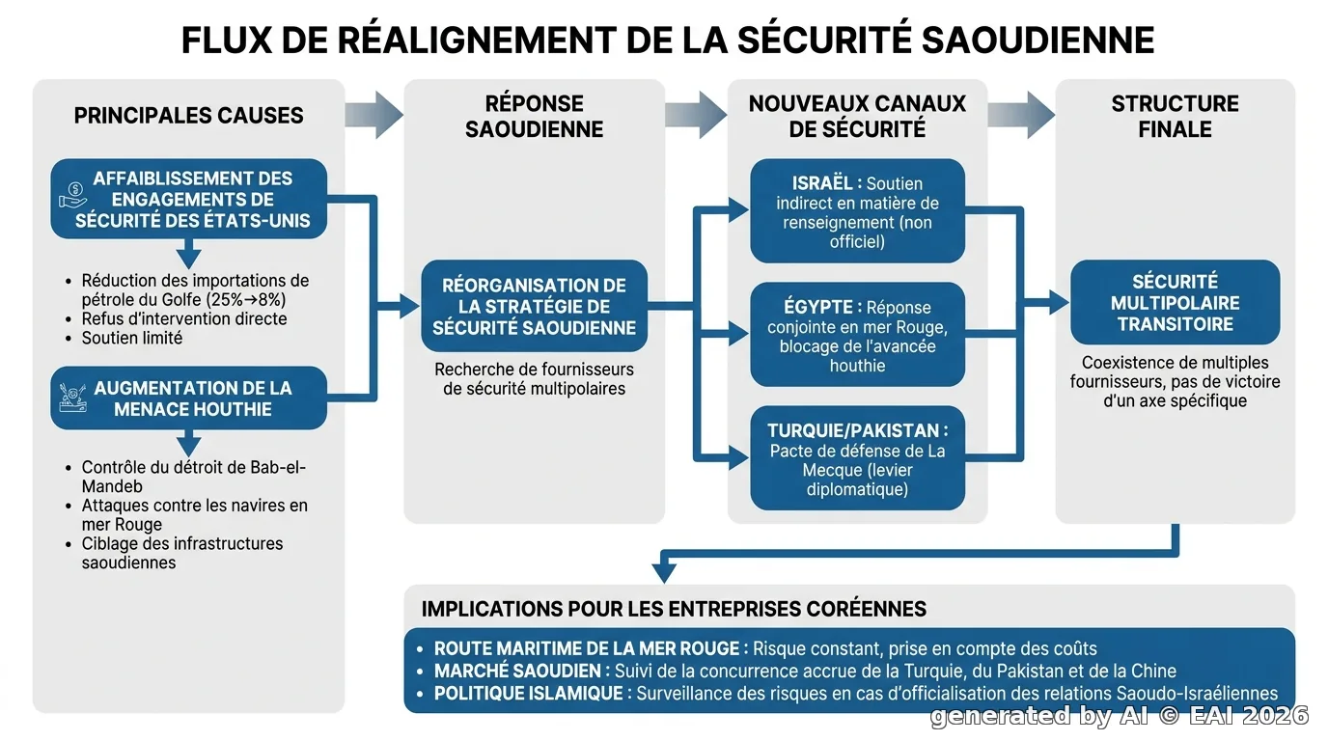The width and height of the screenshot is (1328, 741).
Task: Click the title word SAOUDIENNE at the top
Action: tap(1037, 41)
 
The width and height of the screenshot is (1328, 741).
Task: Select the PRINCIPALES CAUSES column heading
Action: tap(188, 116)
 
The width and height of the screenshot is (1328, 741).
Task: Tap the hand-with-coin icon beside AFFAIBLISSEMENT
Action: tap(73, 196)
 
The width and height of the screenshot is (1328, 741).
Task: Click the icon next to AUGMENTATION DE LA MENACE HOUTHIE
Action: tap(73, 398)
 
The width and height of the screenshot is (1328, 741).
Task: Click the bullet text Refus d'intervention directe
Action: tap(184, 319)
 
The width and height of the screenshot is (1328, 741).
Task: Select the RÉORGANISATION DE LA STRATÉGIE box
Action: tap(534, 306)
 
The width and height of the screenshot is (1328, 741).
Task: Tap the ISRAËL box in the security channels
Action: tap(857, 211)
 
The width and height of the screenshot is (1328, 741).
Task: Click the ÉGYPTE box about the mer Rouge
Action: tap(857, 335)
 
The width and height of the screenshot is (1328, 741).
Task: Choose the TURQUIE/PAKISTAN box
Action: tap(857, 458)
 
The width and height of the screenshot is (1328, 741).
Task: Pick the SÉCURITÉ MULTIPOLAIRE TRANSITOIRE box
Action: tap(1176, 302)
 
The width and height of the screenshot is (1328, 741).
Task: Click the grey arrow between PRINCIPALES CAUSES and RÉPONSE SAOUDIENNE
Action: tap(374, 115)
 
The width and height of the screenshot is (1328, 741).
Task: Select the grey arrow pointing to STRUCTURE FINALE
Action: tap(1021, 115)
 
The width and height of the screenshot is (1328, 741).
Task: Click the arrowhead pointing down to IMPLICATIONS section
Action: tap(664, 573)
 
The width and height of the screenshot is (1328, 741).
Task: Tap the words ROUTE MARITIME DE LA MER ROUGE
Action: tap(587, 648)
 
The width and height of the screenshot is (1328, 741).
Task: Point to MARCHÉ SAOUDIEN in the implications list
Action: tap(517, 672)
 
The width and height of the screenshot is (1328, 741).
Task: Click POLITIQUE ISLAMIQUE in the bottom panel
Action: tap(529, 694)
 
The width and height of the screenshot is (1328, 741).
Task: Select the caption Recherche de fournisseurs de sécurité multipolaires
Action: tap(534, 379)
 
